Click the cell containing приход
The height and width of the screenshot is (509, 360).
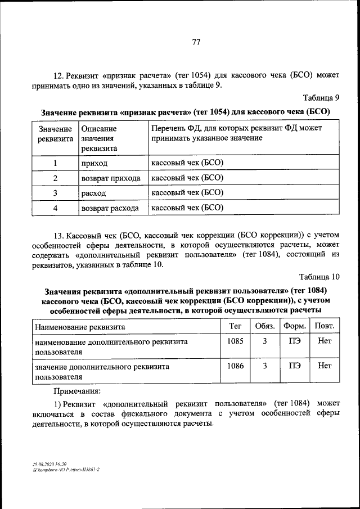[94, 164]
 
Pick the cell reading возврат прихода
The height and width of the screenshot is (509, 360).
[110, 178]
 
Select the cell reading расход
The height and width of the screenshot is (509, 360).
[93, 193]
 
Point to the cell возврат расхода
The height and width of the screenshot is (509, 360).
[110, 208]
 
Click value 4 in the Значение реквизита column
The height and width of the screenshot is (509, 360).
[56, 208]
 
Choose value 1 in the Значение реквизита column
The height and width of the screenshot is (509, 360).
[56, 164]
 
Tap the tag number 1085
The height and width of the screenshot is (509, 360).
[235, 341]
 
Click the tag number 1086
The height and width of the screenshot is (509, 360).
[235, 366]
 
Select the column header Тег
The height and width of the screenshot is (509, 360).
[235, 326]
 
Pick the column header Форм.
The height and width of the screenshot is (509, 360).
[295, 326]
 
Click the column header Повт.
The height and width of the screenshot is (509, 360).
[324, 326]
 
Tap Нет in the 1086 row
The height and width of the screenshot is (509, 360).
[325, 366]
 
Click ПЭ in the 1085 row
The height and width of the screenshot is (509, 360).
[295, 341]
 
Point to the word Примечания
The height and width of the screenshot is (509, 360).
[77, 390]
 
